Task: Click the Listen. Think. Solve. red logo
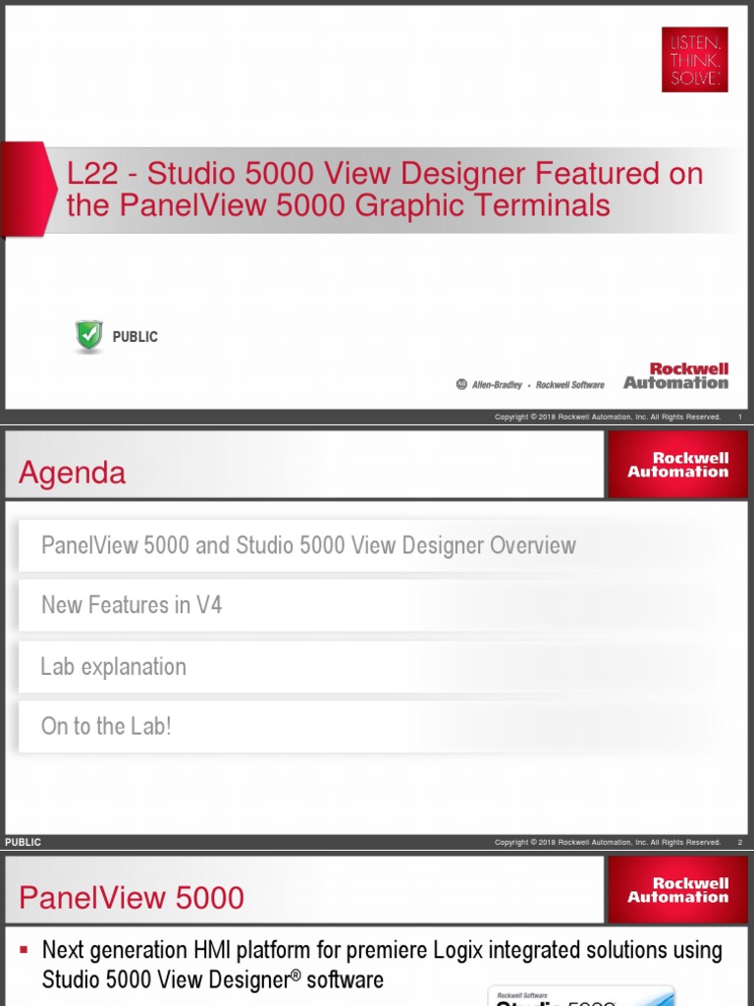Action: (694, 59)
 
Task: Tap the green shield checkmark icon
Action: (89, 336)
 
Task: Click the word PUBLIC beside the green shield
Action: (135, 337)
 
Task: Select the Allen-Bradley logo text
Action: (497, 385)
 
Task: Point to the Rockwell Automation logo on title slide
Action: (675, 376)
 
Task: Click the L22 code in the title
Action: (88, 174)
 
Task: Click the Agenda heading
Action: (73, 474)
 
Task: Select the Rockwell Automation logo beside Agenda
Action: (677, 465)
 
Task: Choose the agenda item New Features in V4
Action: (132, 605)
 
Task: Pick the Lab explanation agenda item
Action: (113, 666)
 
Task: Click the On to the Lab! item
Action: (106, 727)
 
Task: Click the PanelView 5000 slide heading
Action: (132, 898)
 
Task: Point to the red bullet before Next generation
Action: (24, 950)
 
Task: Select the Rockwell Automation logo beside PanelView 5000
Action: (677, 890)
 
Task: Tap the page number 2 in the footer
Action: (739, 842)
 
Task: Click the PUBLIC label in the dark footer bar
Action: (24, 842)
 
